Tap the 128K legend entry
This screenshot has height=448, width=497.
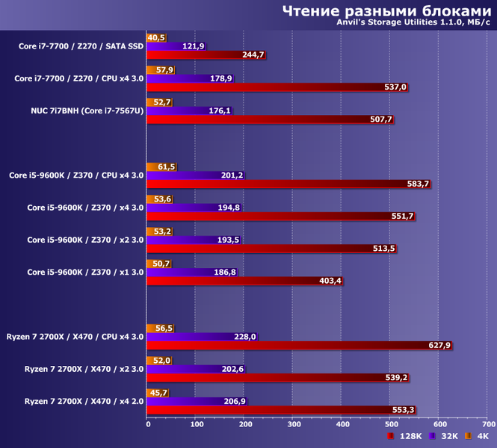point(404,436)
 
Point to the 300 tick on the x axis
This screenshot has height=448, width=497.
point(294,424)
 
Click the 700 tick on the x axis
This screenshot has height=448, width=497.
point(488,424)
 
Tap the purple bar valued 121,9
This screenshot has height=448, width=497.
point(172,46)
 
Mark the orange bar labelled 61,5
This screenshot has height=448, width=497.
point(157,167)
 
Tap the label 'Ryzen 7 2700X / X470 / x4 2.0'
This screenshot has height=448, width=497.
point(78,401)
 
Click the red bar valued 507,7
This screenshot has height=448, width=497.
point(259,119)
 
